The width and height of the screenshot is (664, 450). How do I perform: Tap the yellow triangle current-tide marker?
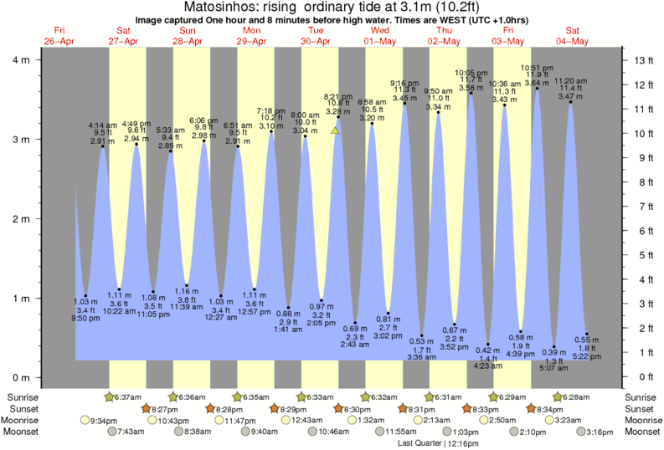pos(335,130)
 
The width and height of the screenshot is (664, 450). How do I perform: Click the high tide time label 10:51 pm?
pos(537,68)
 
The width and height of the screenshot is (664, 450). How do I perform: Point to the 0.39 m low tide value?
pos(553,352)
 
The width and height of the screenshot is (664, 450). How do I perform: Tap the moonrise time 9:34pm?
pos(104,420)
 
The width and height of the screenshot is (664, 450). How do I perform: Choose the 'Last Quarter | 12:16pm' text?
pos(438,442)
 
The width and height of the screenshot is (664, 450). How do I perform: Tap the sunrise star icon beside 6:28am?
pos(557,396)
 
